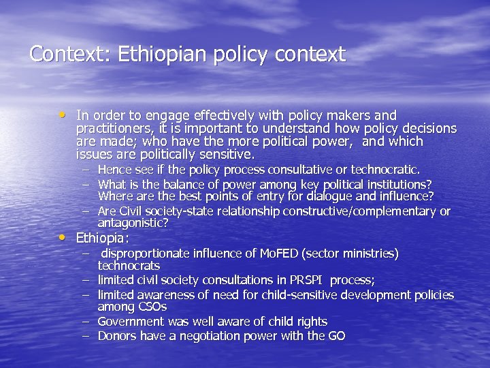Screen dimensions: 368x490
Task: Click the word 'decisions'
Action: tap(427, 129)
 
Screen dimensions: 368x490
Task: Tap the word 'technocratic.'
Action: tap(386, 170)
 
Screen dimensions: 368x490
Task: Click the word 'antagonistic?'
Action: tap(133, 223)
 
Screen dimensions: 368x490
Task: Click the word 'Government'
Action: tap(131, 321)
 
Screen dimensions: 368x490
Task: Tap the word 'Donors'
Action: tap(117, 335)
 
